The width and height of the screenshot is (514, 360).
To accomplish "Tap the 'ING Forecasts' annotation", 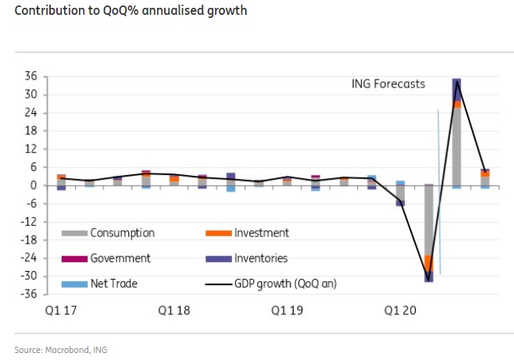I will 388,84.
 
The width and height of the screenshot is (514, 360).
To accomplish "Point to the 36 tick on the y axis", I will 33,77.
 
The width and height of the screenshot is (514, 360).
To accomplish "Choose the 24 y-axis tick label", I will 33,113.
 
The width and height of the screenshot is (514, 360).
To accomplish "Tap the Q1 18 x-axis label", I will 174,310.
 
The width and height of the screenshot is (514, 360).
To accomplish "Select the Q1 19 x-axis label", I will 287,310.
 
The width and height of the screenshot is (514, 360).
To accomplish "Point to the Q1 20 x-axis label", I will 399,310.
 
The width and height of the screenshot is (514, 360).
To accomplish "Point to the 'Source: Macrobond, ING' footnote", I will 60,350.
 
